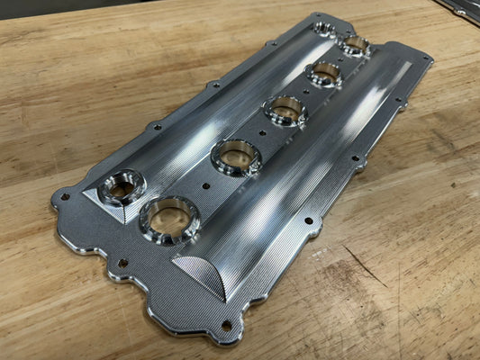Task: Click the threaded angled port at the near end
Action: (x=122, y=186)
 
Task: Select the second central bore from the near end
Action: (x=235, y=157)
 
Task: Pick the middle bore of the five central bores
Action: (x=285, y=111)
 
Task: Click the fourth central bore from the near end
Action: (x=324, y=74)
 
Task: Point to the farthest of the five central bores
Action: (x=355, y=44)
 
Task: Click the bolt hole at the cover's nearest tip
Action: (x=226, y=326)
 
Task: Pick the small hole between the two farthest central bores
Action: (x=340, y=59)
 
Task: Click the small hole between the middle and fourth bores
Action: (x=306, y=92)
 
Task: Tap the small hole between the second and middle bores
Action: (x=262, y=134)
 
